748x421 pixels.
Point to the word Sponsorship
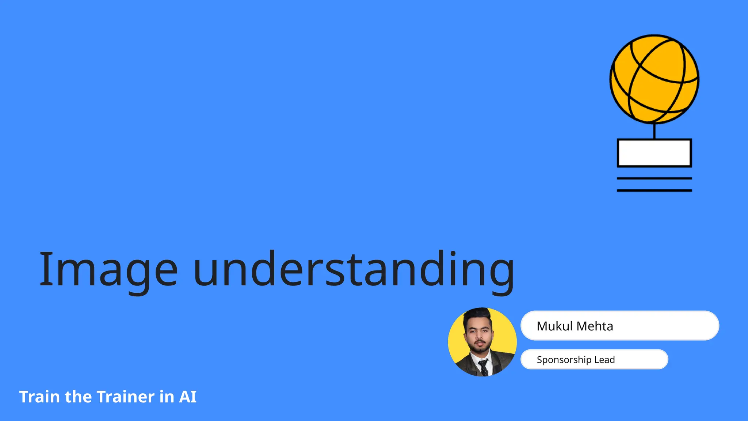coord(564,360)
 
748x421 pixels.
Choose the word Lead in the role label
coord(604,360)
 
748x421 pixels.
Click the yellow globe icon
coord(654,79)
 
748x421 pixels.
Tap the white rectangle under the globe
coord(654,153)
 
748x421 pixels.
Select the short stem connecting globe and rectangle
coord(654,131)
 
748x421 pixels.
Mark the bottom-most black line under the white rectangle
coord(654,190)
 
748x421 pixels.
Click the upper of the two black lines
coord(654,178)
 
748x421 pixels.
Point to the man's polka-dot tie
coord(484,367)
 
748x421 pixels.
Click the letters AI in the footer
coord(188,397)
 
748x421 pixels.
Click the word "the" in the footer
coord(78,397)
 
